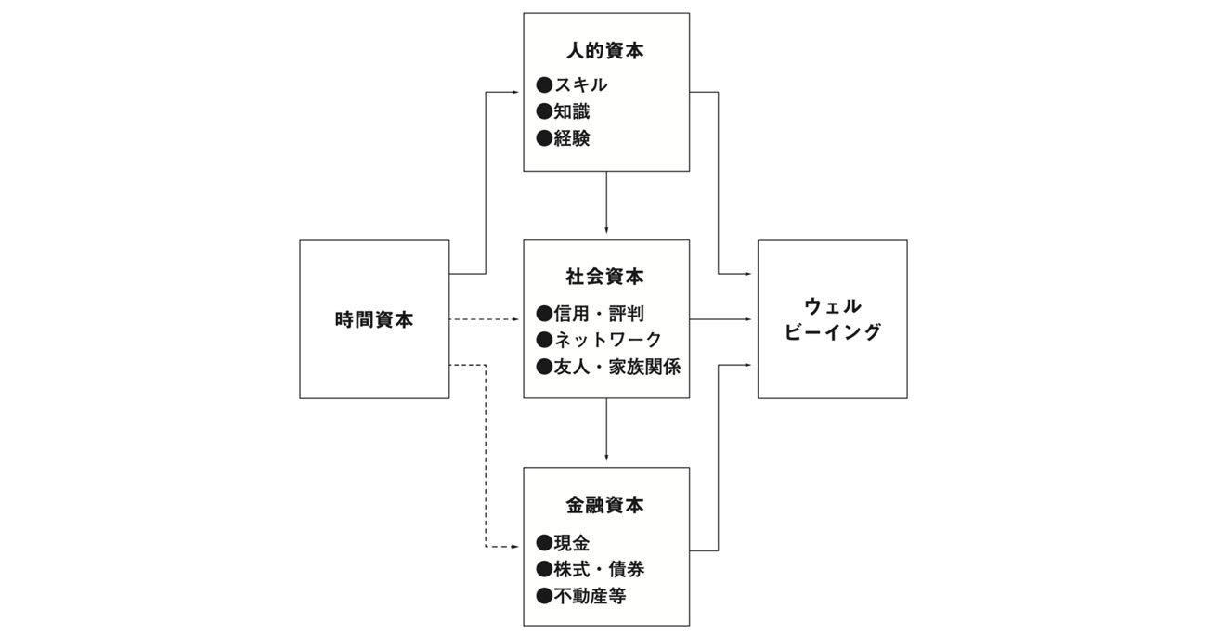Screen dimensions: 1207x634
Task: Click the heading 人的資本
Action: (x=605, y=51)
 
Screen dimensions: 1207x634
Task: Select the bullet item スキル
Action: (x=572, y=84)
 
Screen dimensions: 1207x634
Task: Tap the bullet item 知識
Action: (x=563, y=111)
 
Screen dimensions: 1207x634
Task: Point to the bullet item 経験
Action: (x=563, y=138)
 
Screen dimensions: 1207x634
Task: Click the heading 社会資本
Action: (x=605, y=277)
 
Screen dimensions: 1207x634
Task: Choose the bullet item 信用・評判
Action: (x=590, y=313)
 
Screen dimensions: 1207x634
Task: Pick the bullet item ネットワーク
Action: (x=599, y=340)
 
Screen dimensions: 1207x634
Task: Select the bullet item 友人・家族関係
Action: (x=608, y=367)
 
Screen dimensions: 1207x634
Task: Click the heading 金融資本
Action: (x=605, y=505)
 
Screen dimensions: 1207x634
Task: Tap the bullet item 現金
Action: (x=563, y=542)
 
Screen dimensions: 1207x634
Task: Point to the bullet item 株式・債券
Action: (x=590, y=569)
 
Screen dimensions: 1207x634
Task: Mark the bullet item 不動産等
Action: (x=581, y=596)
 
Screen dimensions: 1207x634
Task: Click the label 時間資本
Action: (x=374, y=320)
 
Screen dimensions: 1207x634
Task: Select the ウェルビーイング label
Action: (x=833, y=319)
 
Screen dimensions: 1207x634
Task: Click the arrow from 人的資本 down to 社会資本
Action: (x=606, y=202)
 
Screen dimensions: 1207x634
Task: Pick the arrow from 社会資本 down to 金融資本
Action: (x=606, y=430)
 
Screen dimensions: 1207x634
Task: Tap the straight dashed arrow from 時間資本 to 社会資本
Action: (x=484, y=319)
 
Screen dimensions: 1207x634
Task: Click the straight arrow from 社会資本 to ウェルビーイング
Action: (x=720, y=319)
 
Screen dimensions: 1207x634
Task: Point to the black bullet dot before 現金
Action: (x=544, y=542)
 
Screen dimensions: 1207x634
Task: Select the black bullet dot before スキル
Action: (x=544, y=84)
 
